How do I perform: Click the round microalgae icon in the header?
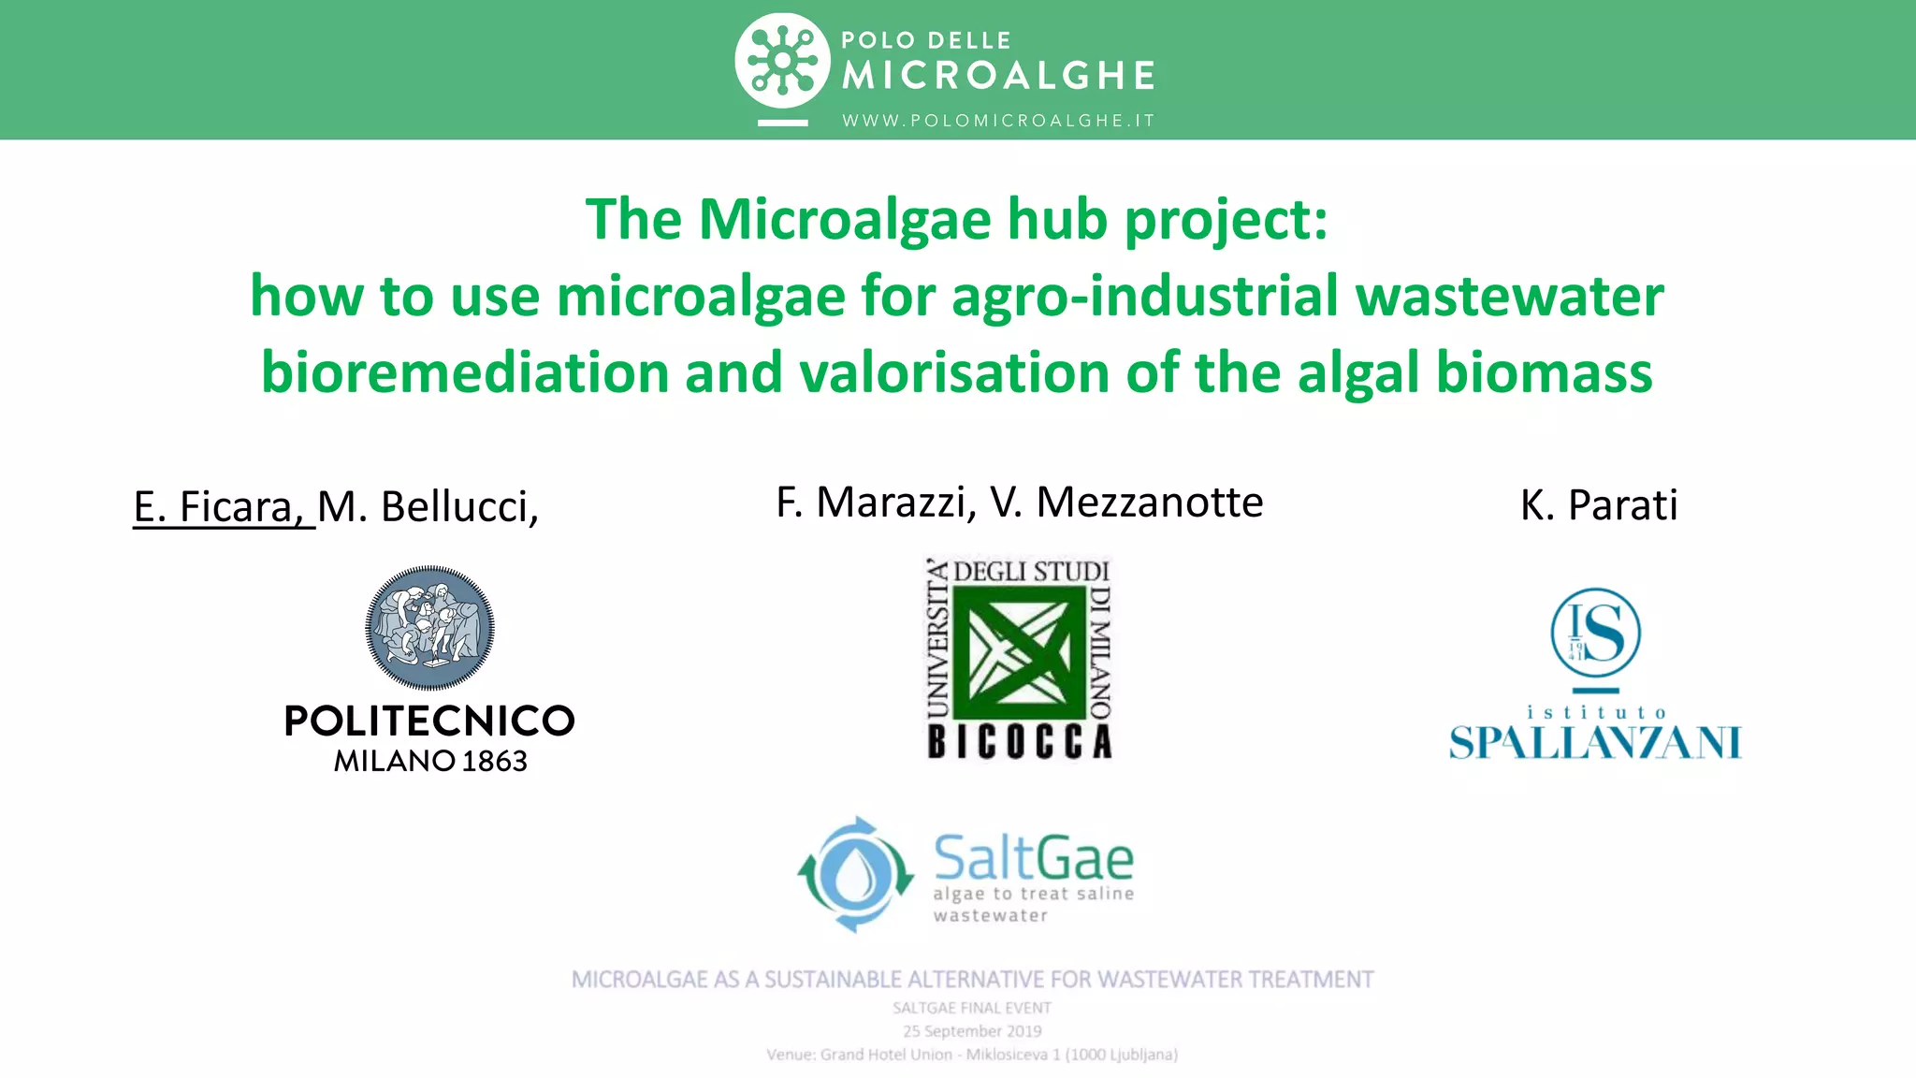782,61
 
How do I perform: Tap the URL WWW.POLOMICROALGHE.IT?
998,121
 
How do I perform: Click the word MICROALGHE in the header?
998,76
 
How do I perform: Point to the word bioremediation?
464,372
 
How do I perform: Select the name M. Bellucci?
428,507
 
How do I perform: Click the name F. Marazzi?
876,503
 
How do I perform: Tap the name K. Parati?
1598,505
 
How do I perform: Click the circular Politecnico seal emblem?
429,627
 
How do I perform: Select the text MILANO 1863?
430,761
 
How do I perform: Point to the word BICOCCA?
1020,741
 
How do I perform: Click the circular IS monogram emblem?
1595,633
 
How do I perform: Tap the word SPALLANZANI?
1595,743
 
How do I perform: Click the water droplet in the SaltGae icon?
854,875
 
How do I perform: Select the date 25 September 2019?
972,1031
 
